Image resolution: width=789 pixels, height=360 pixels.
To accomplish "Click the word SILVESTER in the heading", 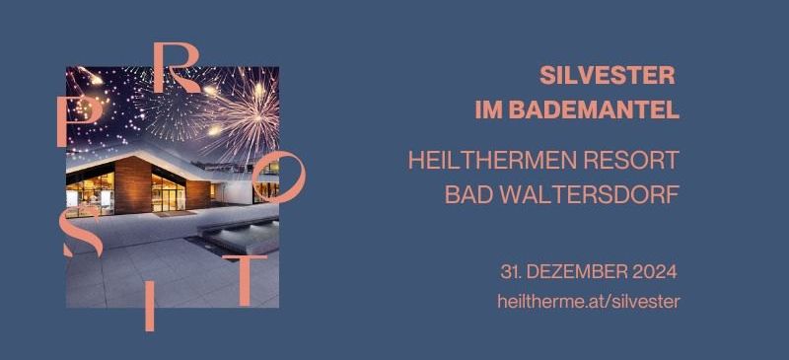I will [x=607, y=75].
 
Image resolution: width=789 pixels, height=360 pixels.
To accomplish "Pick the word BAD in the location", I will [x=466, y=194].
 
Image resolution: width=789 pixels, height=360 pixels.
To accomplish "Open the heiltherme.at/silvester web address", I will [x=589, y=302].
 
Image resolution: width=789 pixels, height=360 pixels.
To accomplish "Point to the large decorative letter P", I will [x=78, y=123].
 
